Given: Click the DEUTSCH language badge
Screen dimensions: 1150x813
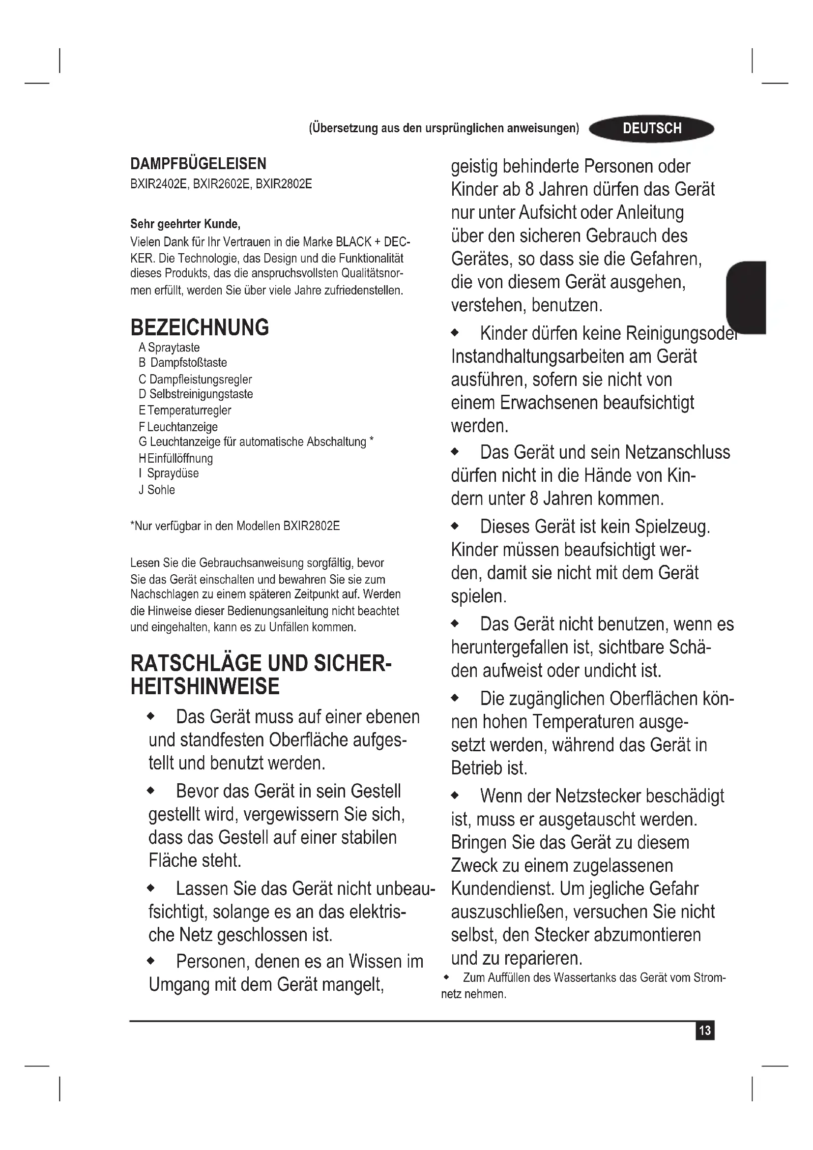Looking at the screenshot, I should pos(651,129).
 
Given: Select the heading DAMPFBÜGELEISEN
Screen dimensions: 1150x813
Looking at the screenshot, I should pos(198,164).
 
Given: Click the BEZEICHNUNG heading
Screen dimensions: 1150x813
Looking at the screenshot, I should pos(199,327).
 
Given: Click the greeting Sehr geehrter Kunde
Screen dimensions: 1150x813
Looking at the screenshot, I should pos(185,223).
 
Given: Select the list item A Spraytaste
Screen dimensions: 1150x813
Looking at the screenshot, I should pos(169,348).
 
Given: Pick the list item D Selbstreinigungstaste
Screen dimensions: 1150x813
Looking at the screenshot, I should pos(196,394).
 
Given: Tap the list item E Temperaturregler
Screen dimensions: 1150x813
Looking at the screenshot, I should pos(185,410).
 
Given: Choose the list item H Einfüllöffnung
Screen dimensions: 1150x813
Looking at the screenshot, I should pos(175,458).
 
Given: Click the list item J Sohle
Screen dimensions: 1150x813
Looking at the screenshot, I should pos(157,490).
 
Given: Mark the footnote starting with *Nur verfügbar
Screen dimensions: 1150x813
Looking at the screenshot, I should pos(235,526).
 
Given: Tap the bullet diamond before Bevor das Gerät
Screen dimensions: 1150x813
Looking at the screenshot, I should pos(151,792).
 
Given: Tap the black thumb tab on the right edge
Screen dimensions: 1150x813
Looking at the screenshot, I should pos(746,297).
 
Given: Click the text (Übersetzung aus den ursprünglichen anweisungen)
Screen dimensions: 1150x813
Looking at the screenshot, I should pos(443,128).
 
